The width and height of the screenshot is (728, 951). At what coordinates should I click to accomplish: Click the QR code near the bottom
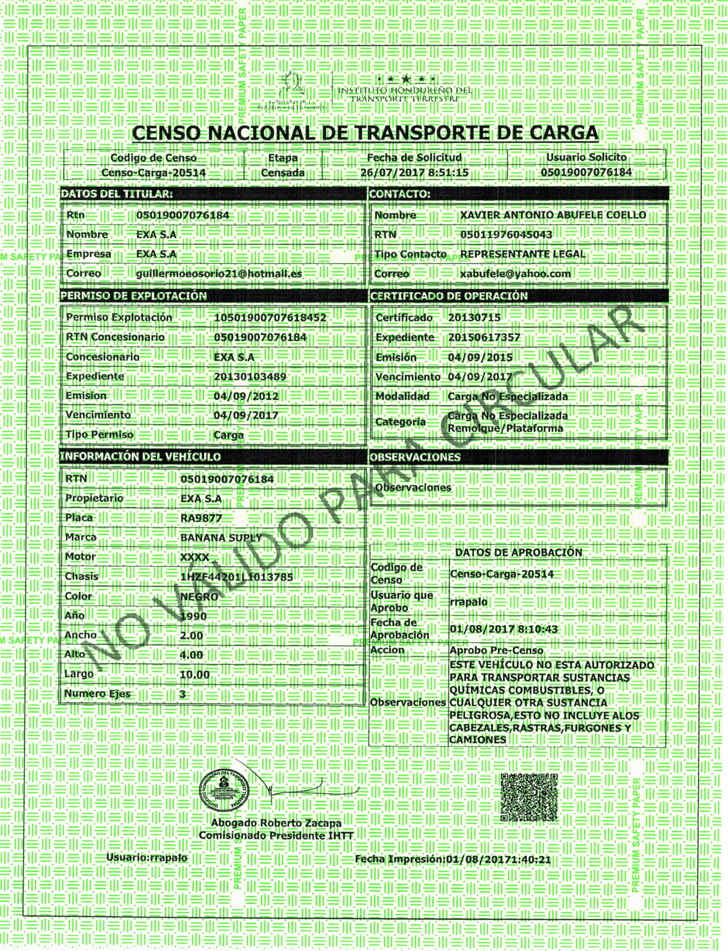[x=529, y=797]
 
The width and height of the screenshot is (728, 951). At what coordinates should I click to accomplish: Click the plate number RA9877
[x=201, y=518]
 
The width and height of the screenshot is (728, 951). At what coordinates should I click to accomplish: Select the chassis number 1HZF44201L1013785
[x=237, y=577]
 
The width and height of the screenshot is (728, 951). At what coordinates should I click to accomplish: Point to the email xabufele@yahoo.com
[x=515, y=273]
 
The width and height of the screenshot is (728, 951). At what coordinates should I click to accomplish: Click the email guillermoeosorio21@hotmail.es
[x=219, y=273]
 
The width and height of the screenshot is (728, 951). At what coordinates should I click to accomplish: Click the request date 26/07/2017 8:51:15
[x=415, y=172]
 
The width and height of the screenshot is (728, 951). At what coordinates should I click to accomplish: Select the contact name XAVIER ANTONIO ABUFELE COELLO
[x=553, y=215]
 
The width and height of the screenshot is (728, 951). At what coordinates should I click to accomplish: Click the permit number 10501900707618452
[x=270, y=317]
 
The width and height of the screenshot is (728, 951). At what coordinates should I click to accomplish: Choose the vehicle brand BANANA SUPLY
[x=221, y=538]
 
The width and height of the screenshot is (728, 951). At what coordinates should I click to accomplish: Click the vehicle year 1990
[x=193, y=616]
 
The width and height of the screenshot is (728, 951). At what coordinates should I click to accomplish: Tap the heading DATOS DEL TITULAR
[x=117, y=194]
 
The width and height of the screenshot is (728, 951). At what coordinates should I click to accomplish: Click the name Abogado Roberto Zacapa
[x=276, y=823]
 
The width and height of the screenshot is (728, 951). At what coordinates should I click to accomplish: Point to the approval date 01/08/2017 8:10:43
[x=504, y=629]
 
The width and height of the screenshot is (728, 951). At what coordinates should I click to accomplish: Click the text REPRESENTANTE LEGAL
[x=522, y=254]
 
